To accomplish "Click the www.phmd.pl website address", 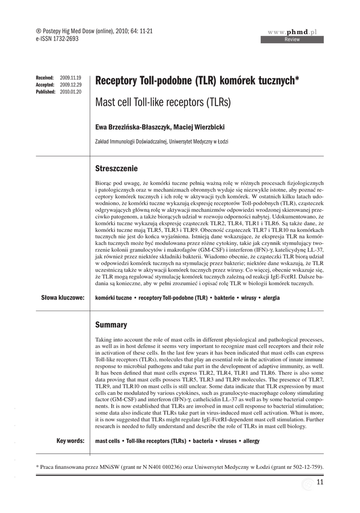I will (292, 32).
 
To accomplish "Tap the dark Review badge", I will (292, 40).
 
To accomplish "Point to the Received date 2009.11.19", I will (70, 78).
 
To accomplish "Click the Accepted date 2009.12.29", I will (70, 85).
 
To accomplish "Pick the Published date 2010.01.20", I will (70, 92).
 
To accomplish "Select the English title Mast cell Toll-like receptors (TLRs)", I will (163, 103).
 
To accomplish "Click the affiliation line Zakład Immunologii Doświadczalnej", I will (162, 142).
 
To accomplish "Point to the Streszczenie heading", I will (116, 168).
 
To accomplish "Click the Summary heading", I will (111, 325).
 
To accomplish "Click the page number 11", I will (321, 482).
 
